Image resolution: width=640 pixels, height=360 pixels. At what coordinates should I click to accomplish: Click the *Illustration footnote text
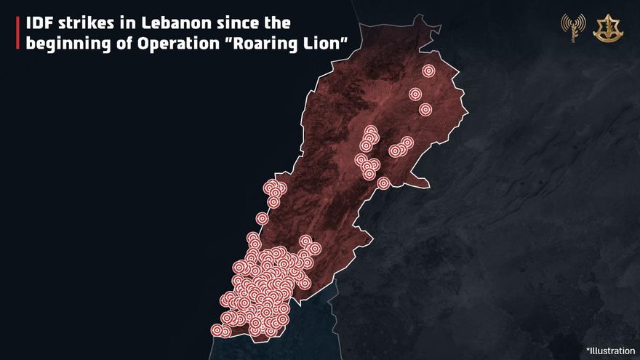(610, 351)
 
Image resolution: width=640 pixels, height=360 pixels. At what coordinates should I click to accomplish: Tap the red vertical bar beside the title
(17, 33)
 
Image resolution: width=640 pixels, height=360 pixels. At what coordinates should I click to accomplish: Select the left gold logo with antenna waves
(572, 28)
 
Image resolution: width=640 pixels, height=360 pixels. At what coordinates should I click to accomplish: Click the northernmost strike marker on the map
(428, 71)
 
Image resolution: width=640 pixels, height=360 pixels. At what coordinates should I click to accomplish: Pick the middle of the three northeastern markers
(415, 94)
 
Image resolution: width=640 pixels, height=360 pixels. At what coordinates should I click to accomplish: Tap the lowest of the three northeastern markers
(425, 110)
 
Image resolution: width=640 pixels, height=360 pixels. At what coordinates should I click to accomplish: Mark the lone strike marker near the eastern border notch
(383, 183)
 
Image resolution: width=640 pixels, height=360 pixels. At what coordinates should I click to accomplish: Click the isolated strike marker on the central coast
(262, 218)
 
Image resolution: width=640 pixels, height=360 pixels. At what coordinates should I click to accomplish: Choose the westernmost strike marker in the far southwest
(217, 330)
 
